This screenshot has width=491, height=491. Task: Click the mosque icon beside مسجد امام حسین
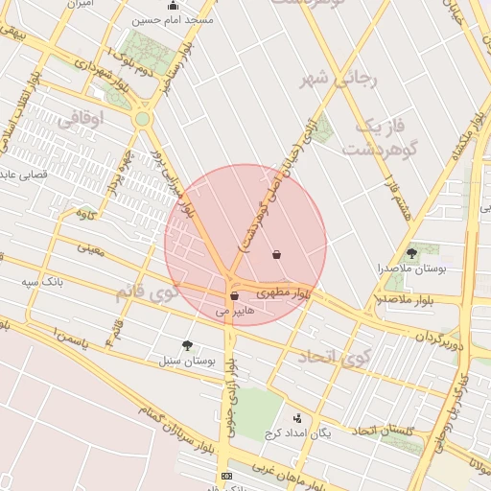coord(173,6)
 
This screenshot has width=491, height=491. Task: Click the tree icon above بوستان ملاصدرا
coord(412,253)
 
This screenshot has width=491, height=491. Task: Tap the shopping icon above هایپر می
coord(235,296)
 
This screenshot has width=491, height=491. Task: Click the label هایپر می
coord(235,311)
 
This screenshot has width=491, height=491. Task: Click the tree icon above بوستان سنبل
coord(186,345)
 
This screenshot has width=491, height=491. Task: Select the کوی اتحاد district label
coord(333,357)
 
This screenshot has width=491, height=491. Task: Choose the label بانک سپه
coord(45,282)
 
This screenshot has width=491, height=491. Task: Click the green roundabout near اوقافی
coord(143,119)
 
